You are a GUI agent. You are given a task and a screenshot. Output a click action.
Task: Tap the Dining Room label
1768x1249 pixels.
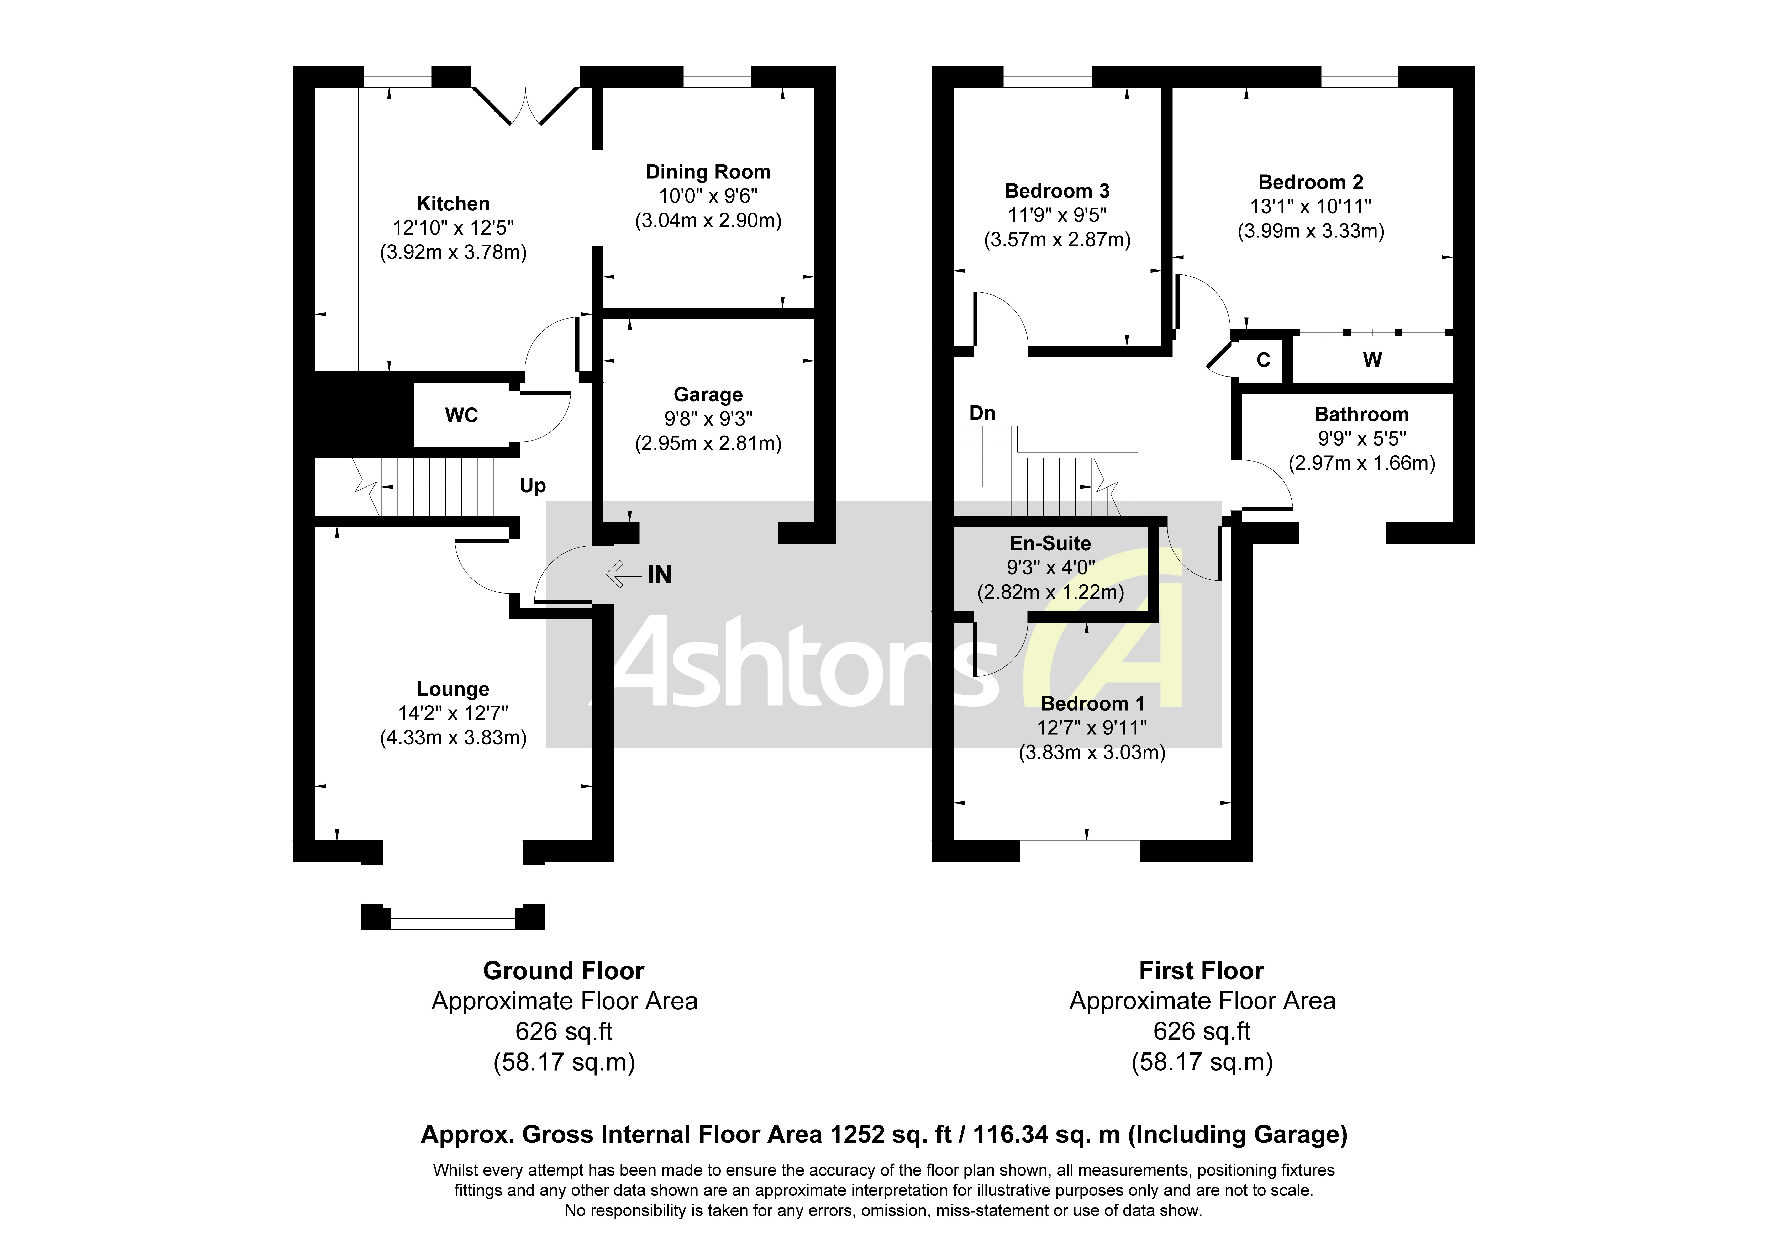(x=708, y=172)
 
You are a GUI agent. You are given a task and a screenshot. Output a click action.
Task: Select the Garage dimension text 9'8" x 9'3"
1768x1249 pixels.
(x=708, y=419)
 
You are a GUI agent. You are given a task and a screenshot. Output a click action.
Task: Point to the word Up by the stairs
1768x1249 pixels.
(x=532, y=486)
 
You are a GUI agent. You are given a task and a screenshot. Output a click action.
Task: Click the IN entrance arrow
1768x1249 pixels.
(x=624, y=574)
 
